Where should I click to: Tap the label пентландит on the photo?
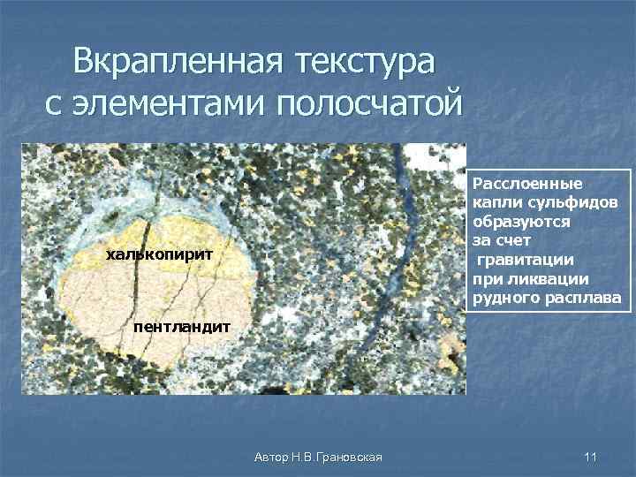click(x=182, y=327)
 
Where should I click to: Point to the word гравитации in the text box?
click(x=526, y=259)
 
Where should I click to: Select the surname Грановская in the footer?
click(x=348, y=457)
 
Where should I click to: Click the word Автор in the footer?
click(x=269, y=457)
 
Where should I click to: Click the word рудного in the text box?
click(x=503, y=296)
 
